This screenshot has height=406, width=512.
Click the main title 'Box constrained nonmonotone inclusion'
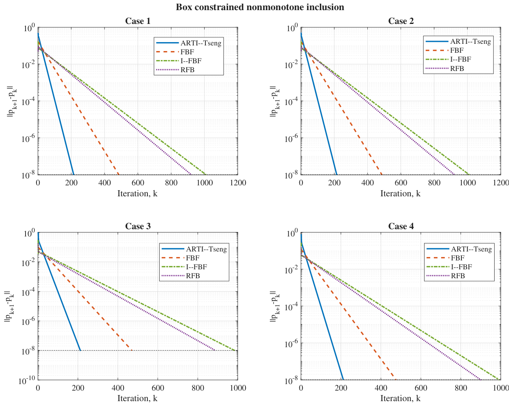click(x=260, y=7)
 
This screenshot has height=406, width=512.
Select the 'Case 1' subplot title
click(x=138, y=21)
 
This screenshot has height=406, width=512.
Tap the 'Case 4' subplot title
click(x=401, y=226)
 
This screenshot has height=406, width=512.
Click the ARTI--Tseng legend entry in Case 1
click(x=189, y=43)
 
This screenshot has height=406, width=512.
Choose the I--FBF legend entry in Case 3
click(x=184, y=267)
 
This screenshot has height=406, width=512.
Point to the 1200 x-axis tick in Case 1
click(x=238, y=183)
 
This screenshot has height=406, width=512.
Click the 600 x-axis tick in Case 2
click(x=401, y=183)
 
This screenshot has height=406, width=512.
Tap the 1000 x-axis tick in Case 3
click(x=238, y=388)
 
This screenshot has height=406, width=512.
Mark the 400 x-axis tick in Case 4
click(x=381, y=388)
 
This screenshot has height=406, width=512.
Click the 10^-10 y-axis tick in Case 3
click(x=27, y=380)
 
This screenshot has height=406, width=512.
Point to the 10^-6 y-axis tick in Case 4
click(x=292, y=344)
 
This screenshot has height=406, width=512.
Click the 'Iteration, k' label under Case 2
click(x=401, y=193)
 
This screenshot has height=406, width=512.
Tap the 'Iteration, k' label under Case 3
click(x=137, y=398)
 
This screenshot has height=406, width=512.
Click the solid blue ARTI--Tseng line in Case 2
click(x=319, y=104)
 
